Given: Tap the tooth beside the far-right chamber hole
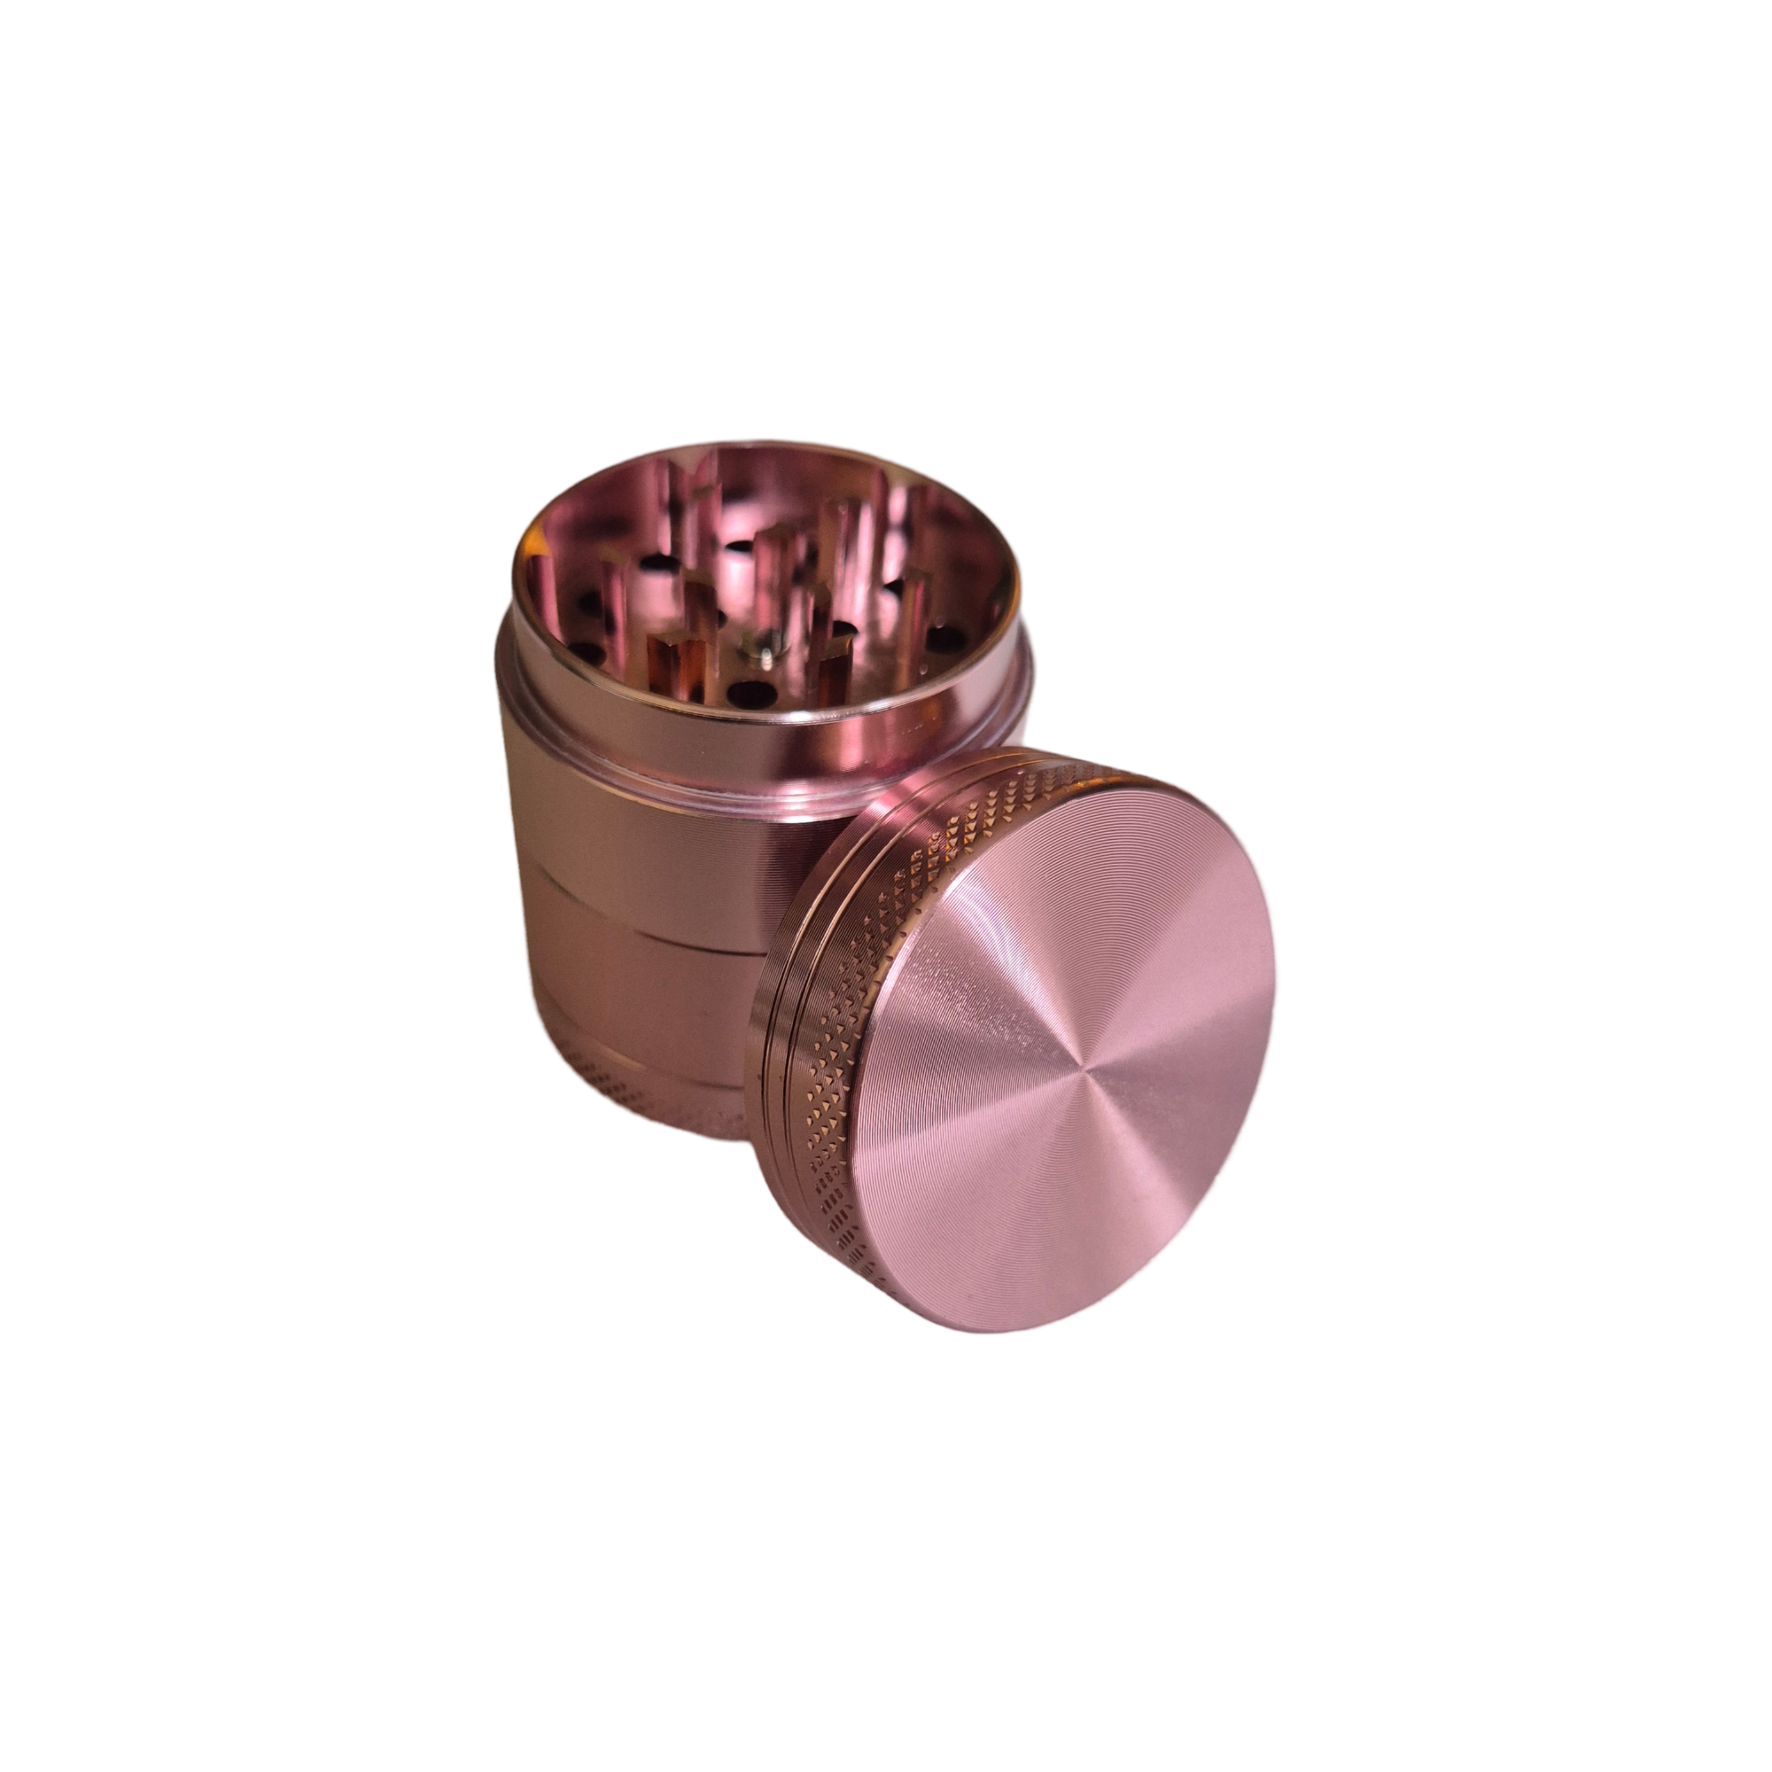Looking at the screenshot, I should coord(917,596).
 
